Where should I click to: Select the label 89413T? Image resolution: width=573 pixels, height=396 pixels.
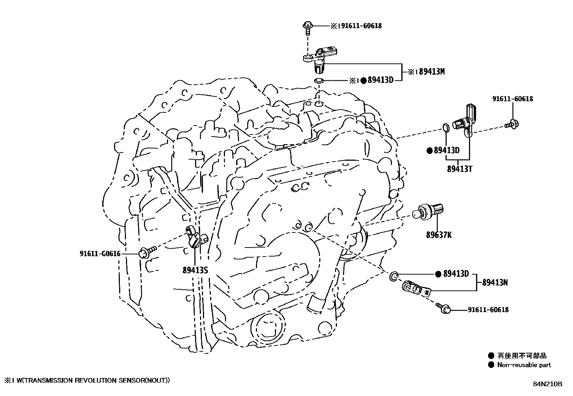459,169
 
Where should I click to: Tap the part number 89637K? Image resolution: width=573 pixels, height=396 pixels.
439,235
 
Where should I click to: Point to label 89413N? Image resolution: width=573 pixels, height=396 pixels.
495,282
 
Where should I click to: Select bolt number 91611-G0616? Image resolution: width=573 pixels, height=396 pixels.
100,254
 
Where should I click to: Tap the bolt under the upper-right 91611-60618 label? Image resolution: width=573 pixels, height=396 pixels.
513,124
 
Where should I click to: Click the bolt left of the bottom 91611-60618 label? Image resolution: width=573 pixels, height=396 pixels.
444,308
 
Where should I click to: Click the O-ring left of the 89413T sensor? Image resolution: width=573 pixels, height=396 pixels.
445,127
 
